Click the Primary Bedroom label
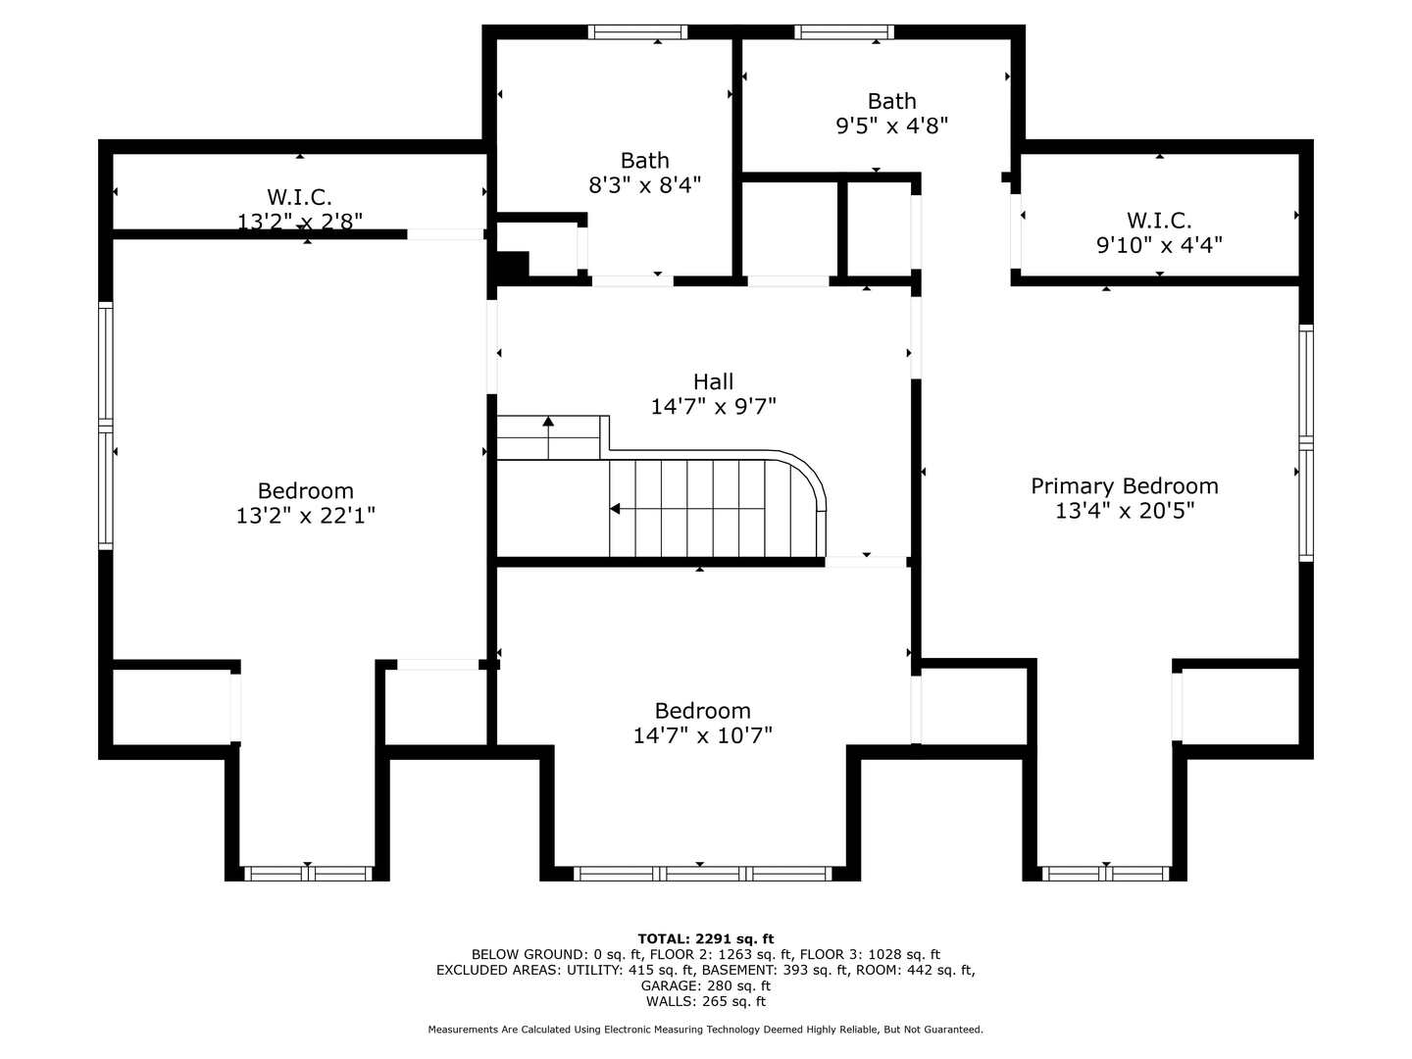(x=1124, y=486)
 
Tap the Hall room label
(x=713, y=382)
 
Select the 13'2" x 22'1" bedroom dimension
(x=305, y=516)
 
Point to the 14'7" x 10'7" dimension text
(x=702, y=735)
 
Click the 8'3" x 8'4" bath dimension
(x=644, y=185)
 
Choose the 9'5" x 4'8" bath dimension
(x=891, y=126)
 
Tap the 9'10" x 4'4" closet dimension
(x=1159, y=245)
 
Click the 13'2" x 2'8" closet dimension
(x=300, y=222)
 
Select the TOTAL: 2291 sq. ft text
(x=706, y=938)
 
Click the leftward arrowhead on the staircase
(x=615, y=509)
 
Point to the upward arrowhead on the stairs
(x=548, y=422)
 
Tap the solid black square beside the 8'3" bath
(x=513, y=265)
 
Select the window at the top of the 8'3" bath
(x=637, y=32)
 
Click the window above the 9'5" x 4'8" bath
(x=844, y=32)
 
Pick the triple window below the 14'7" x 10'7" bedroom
(x=703, y=873)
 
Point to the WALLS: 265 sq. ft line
(x=706, y=1001)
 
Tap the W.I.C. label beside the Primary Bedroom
(x=1159, y=221)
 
